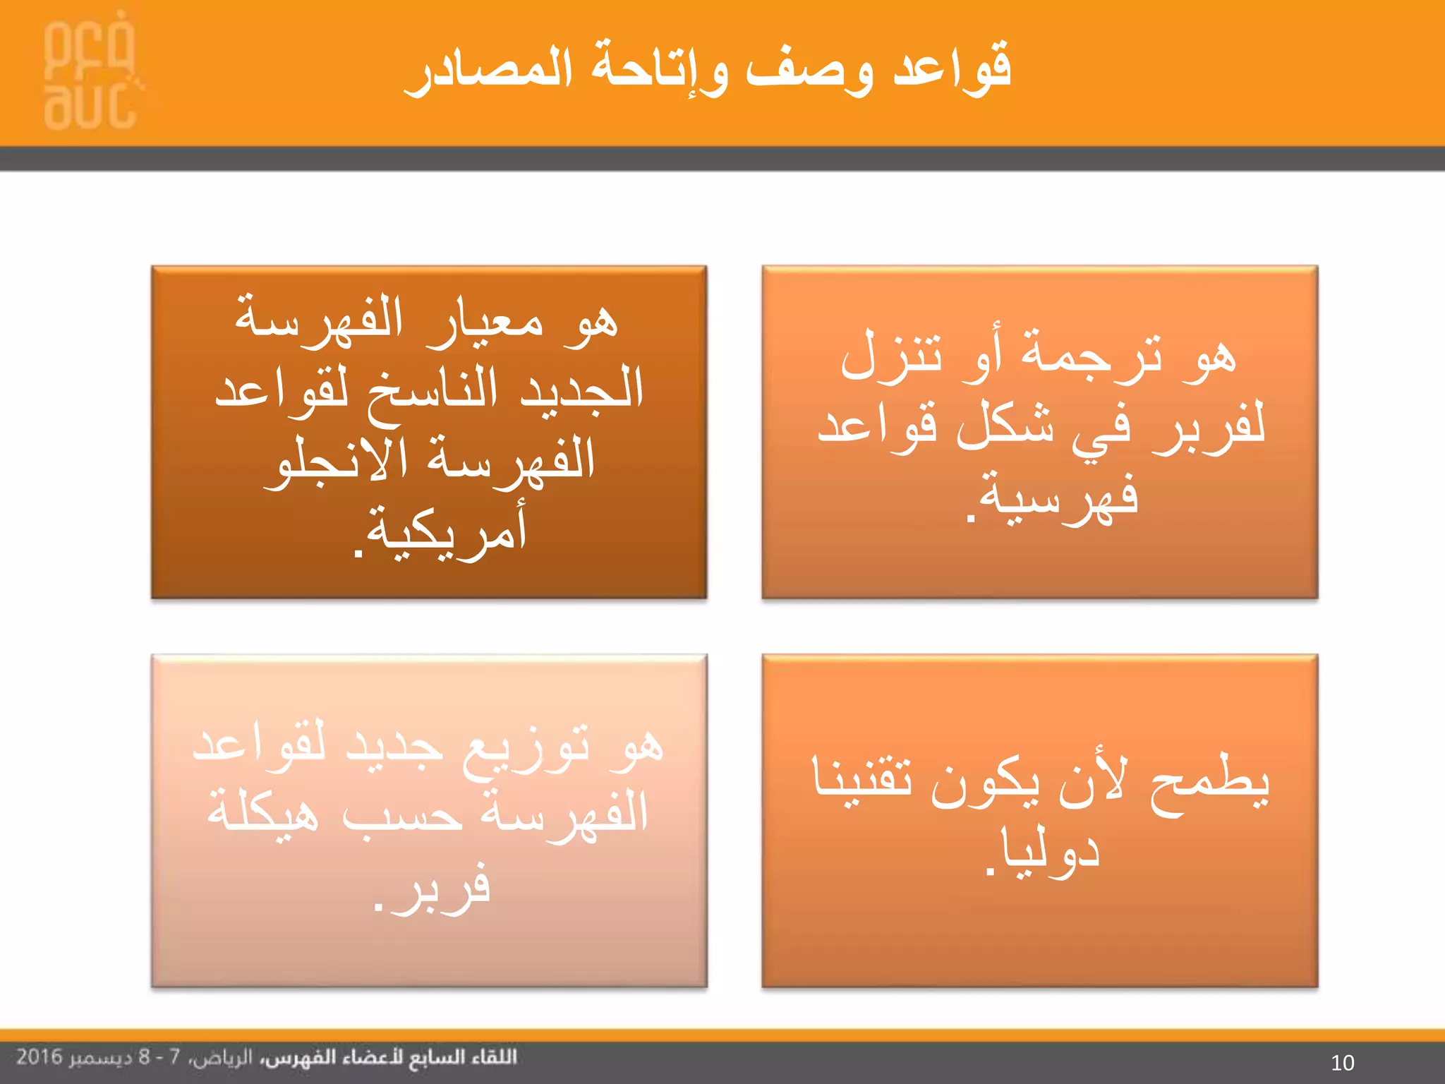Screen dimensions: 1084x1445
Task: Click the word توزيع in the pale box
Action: pyautogui.click(x=526, y=748)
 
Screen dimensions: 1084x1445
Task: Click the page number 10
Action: pyautogui.click(x=1342, y=1062)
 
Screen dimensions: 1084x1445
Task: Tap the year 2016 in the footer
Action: pyautogui.click(x=40, y=1057)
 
